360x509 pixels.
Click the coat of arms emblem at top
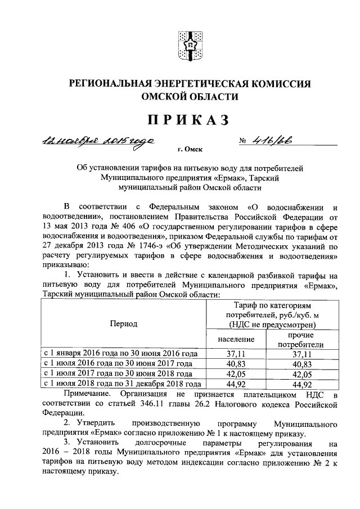[x=190, y=44]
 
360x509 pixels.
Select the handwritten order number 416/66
[x=276, y=141]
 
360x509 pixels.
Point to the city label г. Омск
[x=189, y=149]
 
